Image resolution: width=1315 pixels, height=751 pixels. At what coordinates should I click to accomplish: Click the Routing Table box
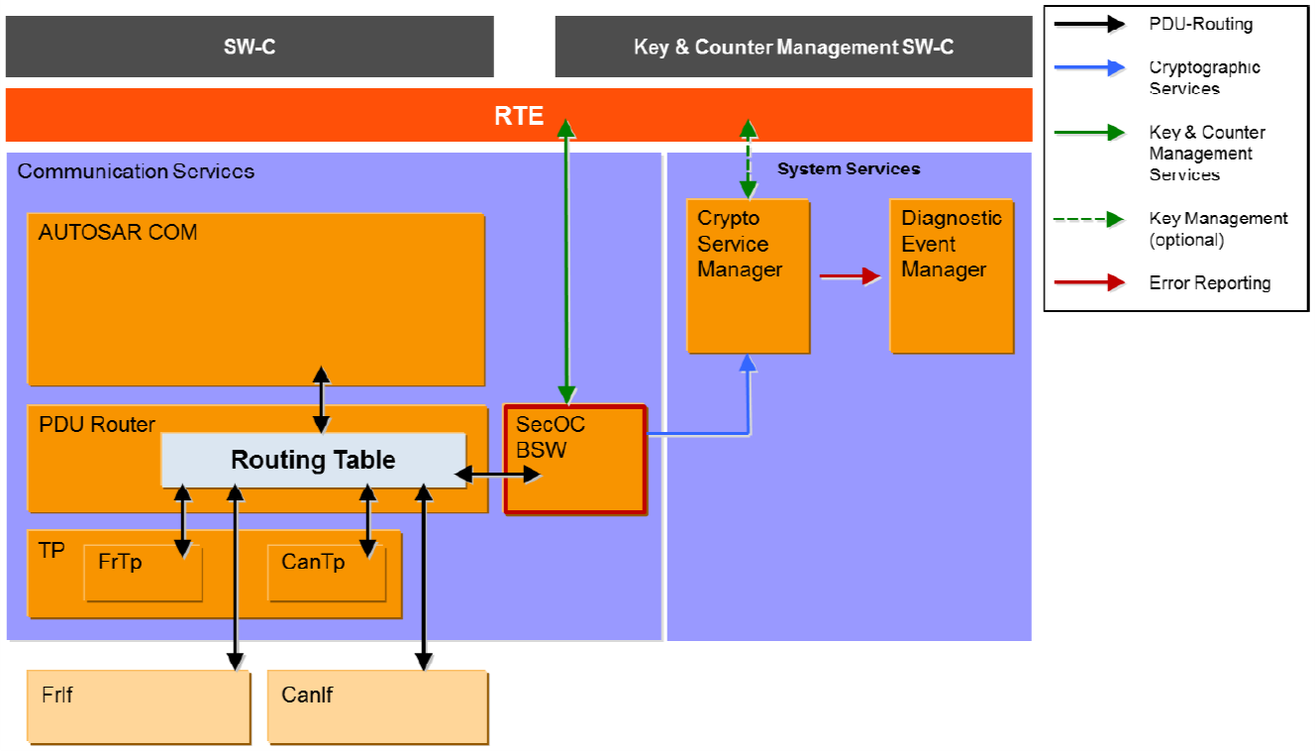pos(313,460)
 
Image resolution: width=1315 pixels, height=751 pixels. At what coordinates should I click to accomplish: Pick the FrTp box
pos(143,573)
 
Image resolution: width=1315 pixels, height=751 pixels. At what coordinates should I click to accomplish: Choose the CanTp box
pos(326,573)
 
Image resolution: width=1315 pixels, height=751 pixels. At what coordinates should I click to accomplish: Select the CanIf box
pos(376,706)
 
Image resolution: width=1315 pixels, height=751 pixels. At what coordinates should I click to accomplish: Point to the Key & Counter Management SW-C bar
pos(793,47)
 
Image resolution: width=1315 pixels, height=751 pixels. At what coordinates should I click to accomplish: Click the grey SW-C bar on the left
pos(250,47)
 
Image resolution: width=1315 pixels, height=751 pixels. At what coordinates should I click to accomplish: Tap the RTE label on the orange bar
pos(519,116)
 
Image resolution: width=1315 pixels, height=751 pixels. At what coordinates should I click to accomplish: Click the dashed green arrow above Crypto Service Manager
pos(748,159)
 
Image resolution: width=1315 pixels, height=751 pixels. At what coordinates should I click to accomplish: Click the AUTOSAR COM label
pos(118,233)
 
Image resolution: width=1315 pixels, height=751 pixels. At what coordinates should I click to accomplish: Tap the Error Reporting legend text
pos(1209,283)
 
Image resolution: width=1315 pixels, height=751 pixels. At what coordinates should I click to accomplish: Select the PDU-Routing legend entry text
pos(1199,24)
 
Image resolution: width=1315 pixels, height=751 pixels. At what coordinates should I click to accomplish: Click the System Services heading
pos(849,169)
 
